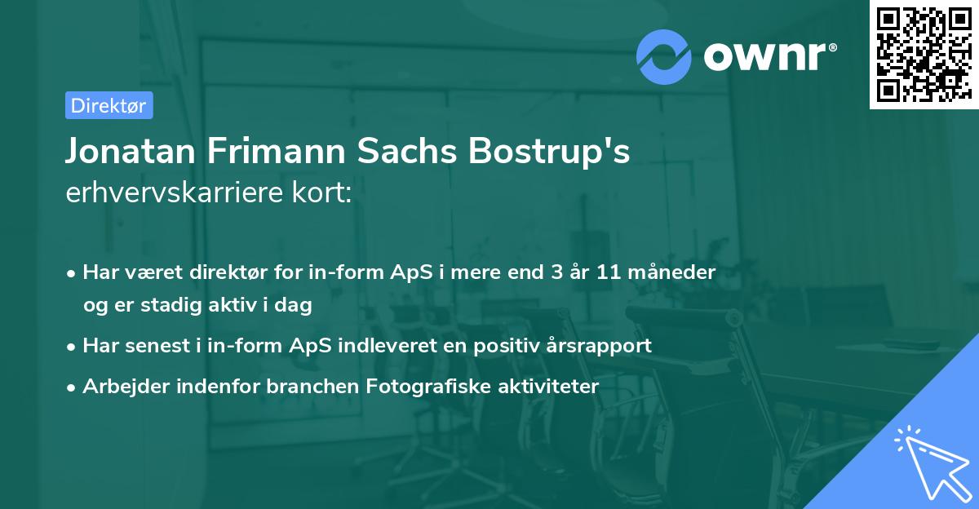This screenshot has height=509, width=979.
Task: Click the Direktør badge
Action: (x=109, y=105)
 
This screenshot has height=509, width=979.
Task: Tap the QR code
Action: (x=922, y=54)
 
